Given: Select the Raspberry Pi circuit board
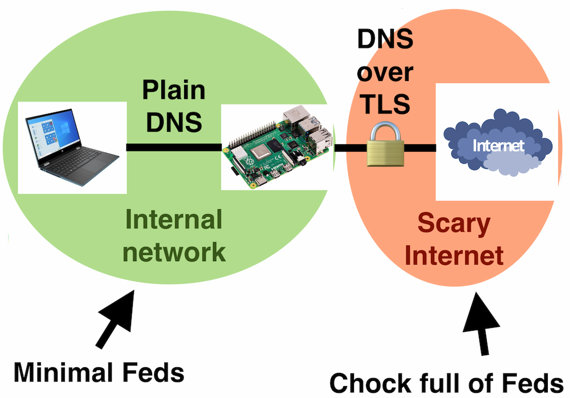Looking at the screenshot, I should click(x=276, y=147).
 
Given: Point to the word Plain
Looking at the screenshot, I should click(x=173, y=91).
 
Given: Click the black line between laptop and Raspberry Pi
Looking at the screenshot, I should click(x=173, y=148).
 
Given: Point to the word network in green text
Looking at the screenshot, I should click(x=174, y=251).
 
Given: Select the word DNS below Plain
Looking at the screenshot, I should click(x=173, y=121).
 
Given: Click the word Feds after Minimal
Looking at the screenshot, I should click(x=154, y=372).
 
